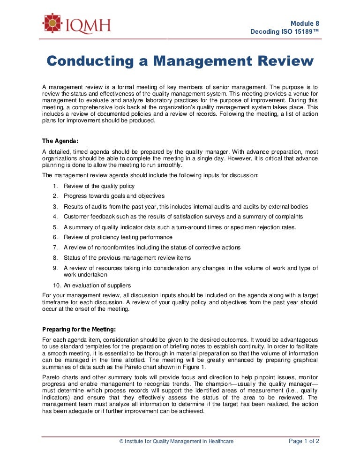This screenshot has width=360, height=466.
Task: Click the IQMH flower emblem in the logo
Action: tap(52, 23)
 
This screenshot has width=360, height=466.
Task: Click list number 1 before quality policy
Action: tap(55, 186)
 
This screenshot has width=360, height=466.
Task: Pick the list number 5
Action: tap(55, 227)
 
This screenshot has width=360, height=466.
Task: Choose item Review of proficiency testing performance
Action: tap(118, 237)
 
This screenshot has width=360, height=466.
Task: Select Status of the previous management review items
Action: tap(127, 257)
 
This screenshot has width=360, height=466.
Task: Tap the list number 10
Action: tap(55, 285)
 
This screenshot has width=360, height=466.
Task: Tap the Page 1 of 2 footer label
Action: tap(304, 441)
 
